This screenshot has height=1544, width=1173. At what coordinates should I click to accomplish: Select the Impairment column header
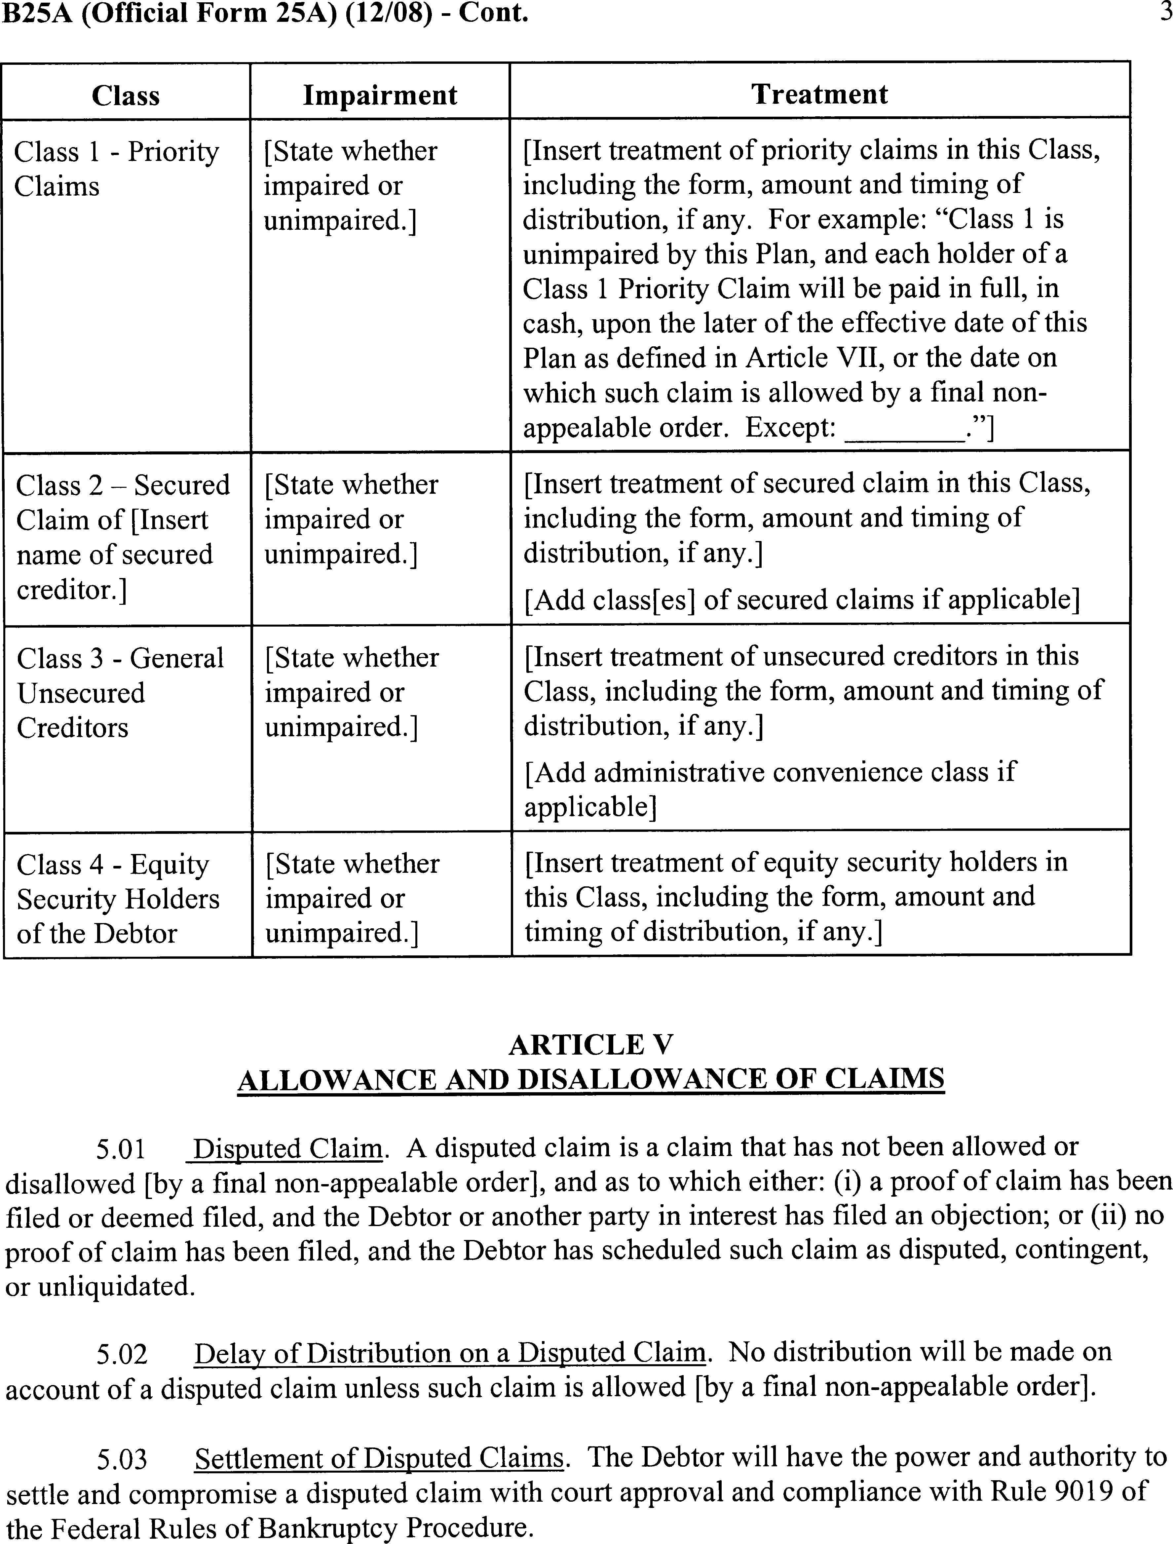pyautogui.click(x=380, y=95)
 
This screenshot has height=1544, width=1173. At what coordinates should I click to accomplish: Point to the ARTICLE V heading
pyautogui.click(x=591, y=1045)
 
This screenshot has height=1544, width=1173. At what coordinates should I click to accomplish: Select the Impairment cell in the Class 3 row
pyautogui.click(x=351, y=692)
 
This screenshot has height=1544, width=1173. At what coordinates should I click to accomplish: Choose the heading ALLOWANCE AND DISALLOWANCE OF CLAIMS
pyautogui.click(x=591, y=1080)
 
